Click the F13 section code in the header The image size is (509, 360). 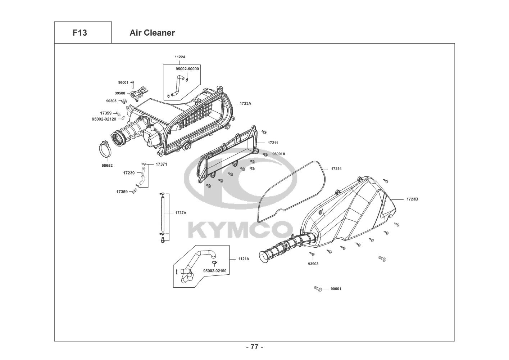(80, 33)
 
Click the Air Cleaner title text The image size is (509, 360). (152, 33)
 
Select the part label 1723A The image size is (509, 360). (245, 103)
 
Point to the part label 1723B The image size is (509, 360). (412, 199)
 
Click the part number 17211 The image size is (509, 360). (273, 143)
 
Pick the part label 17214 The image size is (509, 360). (336, 169)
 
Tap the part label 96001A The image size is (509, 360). (278, 154)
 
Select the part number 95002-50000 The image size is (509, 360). (187, 69)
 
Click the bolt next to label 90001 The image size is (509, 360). (318, 289)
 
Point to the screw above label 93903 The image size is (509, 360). (312, 253)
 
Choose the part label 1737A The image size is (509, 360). (181, 213)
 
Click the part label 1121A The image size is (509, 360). (244, 259)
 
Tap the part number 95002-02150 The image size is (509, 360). (215, 271)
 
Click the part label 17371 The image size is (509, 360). (162, 165)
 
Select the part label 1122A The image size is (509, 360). (180, 57)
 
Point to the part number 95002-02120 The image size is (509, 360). (104, 119)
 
